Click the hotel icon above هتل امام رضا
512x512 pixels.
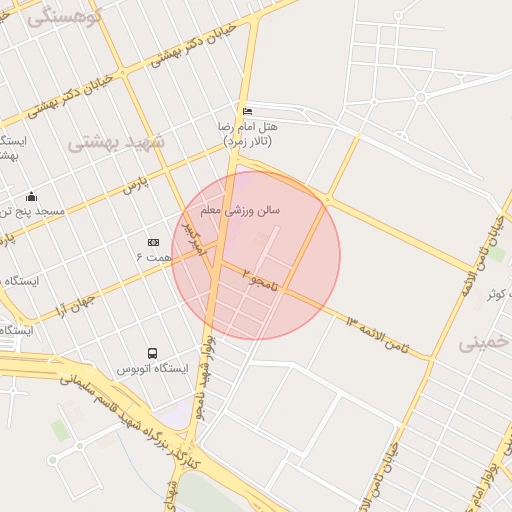[x=247, y=111]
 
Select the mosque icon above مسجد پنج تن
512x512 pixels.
[x=32, y=196]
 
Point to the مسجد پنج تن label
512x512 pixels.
[x=32, y=212]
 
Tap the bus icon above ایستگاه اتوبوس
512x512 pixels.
[x=152, y=353]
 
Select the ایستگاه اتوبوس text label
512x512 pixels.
[x=152, y=369]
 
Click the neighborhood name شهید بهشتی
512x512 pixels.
[x=115, y=143]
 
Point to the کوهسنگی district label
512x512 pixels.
[x=66, y=17]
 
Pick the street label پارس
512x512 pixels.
[x=135, y=183]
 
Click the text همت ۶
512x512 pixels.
[x=153, y=258]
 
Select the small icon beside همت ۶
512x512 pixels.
[x=153, y=242]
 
